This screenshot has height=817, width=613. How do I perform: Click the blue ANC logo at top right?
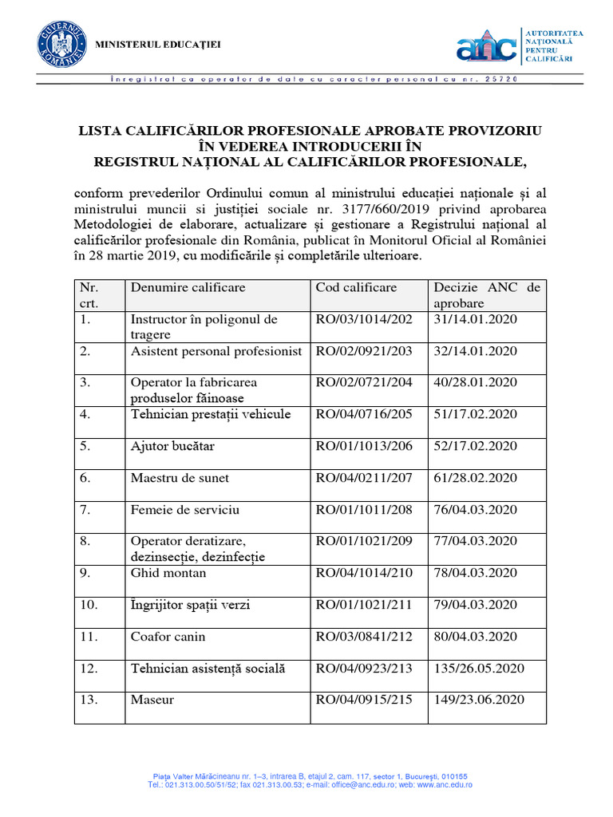[486, 47]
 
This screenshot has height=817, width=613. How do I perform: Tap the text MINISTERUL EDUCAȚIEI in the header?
[158, 44]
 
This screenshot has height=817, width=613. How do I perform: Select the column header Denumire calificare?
[188, 287]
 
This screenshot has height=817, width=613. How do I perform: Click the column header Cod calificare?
[356, 287]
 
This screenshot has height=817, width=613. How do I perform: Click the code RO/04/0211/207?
[364, 478]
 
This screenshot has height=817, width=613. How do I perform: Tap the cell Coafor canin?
[168, 637]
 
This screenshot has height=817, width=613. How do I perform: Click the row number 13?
[89, 700]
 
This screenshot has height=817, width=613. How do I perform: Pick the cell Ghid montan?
[168, 573]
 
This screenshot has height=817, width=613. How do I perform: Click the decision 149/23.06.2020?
[479, 700]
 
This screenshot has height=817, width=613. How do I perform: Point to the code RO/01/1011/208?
[364, 509]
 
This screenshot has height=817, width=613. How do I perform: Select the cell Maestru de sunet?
[180, 478]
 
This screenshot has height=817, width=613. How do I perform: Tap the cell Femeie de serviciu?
[184, 509]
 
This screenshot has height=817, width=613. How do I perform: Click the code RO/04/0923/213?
[364, 669]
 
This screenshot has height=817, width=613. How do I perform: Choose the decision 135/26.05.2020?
[479, 669]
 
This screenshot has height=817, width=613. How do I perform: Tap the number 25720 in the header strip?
[502, 80]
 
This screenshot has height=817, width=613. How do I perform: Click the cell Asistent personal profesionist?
[216, 351]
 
